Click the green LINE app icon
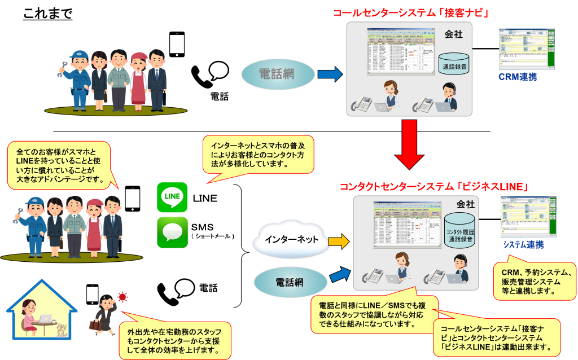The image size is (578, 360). point(172,197)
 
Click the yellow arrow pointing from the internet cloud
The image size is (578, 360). point(339,242)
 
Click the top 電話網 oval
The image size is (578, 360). point(279,74)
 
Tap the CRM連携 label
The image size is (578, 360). point(518,77)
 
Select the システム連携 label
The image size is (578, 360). point(523,244)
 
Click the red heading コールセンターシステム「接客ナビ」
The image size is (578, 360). point(410,12)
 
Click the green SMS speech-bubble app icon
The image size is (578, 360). point(172,232)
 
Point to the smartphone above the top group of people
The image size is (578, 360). point(177,44)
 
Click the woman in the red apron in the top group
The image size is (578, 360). point(138,81)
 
